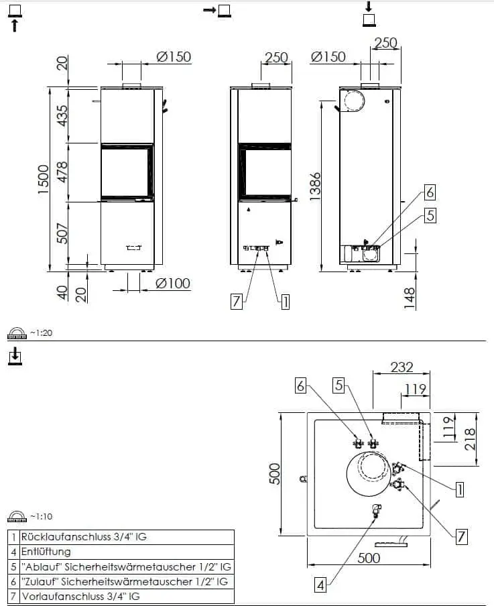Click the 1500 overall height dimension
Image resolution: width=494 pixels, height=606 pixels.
(44, 180)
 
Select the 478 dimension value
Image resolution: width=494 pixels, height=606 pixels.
(62, 172)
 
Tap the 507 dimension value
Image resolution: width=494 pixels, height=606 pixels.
(62, 233)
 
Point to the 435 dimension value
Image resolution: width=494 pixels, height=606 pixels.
(62, 115)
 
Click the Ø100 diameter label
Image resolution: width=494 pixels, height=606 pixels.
(173, 284)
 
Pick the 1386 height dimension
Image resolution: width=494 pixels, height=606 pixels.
(315, 186)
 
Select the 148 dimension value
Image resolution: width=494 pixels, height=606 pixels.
(409, 298)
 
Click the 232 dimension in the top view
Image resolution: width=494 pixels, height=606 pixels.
(402, 367)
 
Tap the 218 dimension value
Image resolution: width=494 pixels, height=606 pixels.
(470, 438)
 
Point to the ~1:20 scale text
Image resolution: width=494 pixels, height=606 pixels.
(41, 332)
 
